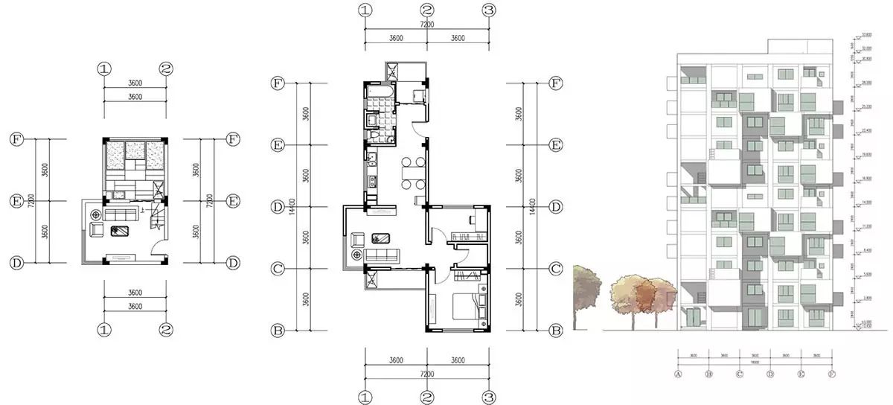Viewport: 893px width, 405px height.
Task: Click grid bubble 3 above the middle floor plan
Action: (489, 10)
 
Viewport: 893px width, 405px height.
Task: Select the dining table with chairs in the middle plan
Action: (412, 173)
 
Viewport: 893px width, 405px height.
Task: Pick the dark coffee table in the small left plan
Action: (118, 231)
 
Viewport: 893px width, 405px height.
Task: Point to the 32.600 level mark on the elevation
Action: (866, 34)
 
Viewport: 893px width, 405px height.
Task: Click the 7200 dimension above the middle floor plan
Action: (426, 25)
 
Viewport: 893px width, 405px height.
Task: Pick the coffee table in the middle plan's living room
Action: (381, 238)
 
